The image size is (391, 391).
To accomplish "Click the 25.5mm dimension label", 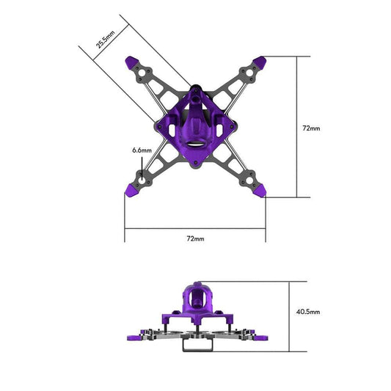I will [106, 39].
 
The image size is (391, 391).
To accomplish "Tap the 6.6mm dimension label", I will [141, 150].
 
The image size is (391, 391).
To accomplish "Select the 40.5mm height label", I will [307, 312].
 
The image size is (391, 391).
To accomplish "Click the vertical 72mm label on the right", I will [311, 128].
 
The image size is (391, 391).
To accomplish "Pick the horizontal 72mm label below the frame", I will [195, 238].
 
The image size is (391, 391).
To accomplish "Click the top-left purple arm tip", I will [134, 63].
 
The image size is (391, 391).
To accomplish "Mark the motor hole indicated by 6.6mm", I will [142, 177].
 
